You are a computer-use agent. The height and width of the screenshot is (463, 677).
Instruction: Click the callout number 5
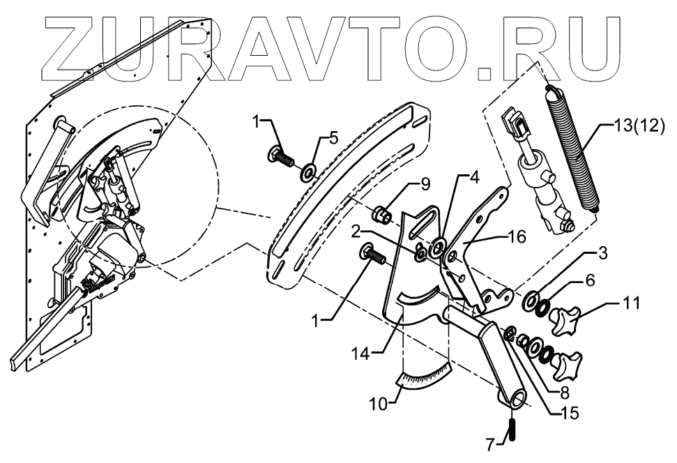[334, 137]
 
